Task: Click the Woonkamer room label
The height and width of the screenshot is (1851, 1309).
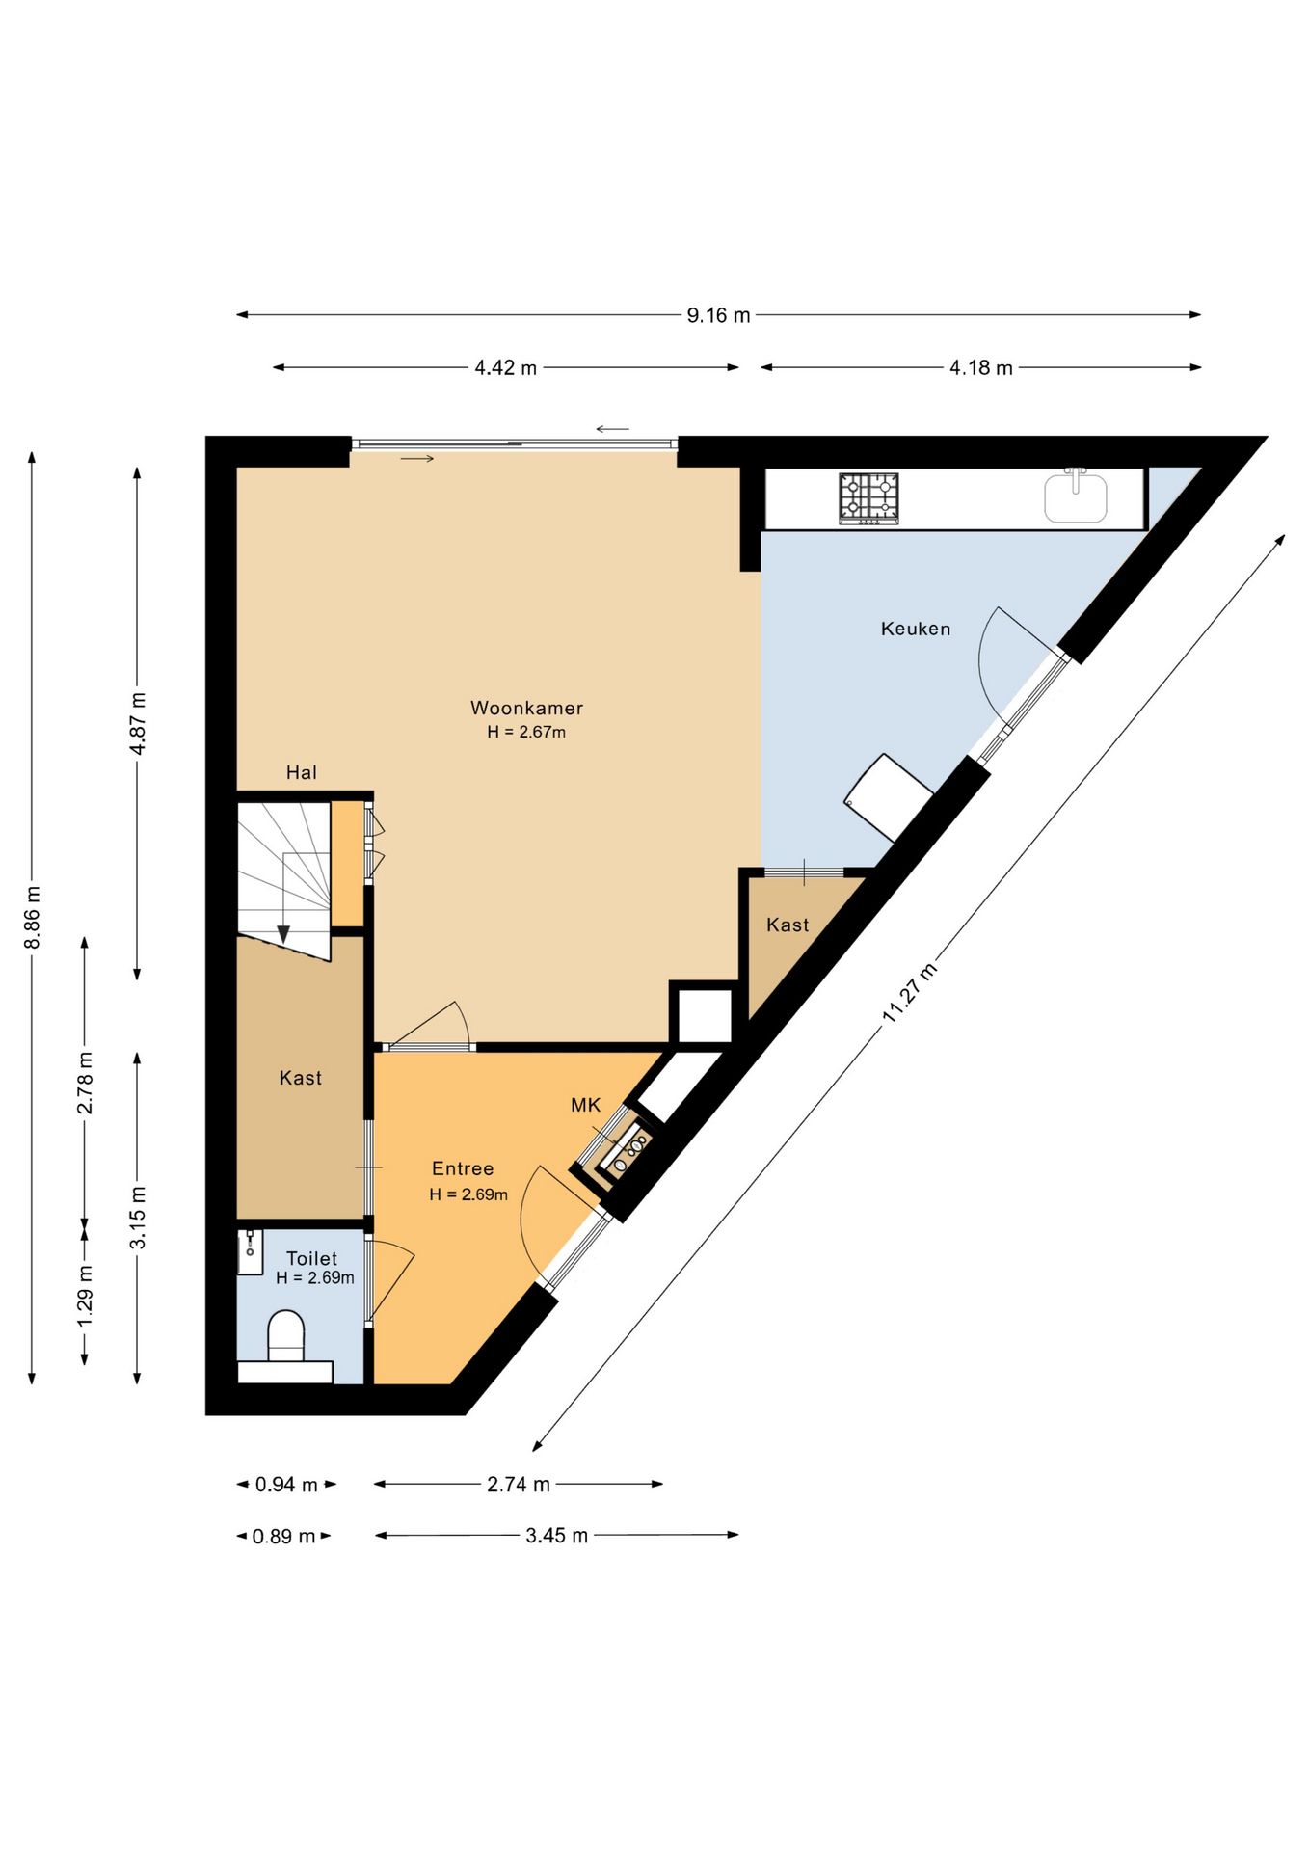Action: [x=526, y=708]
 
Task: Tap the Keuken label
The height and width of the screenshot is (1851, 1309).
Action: [x=916, y=629]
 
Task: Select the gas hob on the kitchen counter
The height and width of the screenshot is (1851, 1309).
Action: [x=868, y=498]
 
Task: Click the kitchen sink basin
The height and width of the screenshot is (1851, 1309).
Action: [x=1076, y=497]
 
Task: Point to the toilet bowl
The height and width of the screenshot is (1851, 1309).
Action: [x=285, y=1335]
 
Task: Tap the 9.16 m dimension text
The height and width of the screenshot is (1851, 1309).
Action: [x=718, y=315]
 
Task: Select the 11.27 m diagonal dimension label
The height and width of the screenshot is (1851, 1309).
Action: [x=909, y=993]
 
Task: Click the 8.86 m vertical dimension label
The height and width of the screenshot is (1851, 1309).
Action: [x=32, y=917]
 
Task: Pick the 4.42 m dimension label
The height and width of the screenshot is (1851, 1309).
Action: [x=505, y=368]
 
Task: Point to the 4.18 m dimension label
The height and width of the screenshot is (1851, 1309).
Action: [x=981, y=368]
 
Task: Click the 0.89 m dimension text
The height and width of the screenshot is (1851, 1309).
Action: [x=283, y=1537]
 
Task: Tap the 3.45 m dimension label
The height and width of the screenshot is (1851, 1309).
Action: [x=556, y=1536]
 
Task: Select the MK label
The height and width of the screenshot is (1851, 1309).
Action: [x=586, y=1105]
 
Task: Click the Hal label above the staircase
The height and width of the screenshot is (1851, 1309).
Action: [x=302, y=772]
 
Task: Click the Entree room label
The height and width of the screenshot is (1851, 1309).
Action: [x=463, y=1168]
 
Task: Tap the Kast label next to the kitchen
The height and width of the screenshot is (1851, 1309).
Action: [x=788, y=925]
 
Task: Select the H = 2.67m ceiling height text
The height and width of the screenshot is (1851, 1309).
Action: [x=526, y=732]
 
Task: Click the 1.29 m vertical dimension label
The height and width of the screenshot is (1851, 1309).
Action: [x=85, y=1294]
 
